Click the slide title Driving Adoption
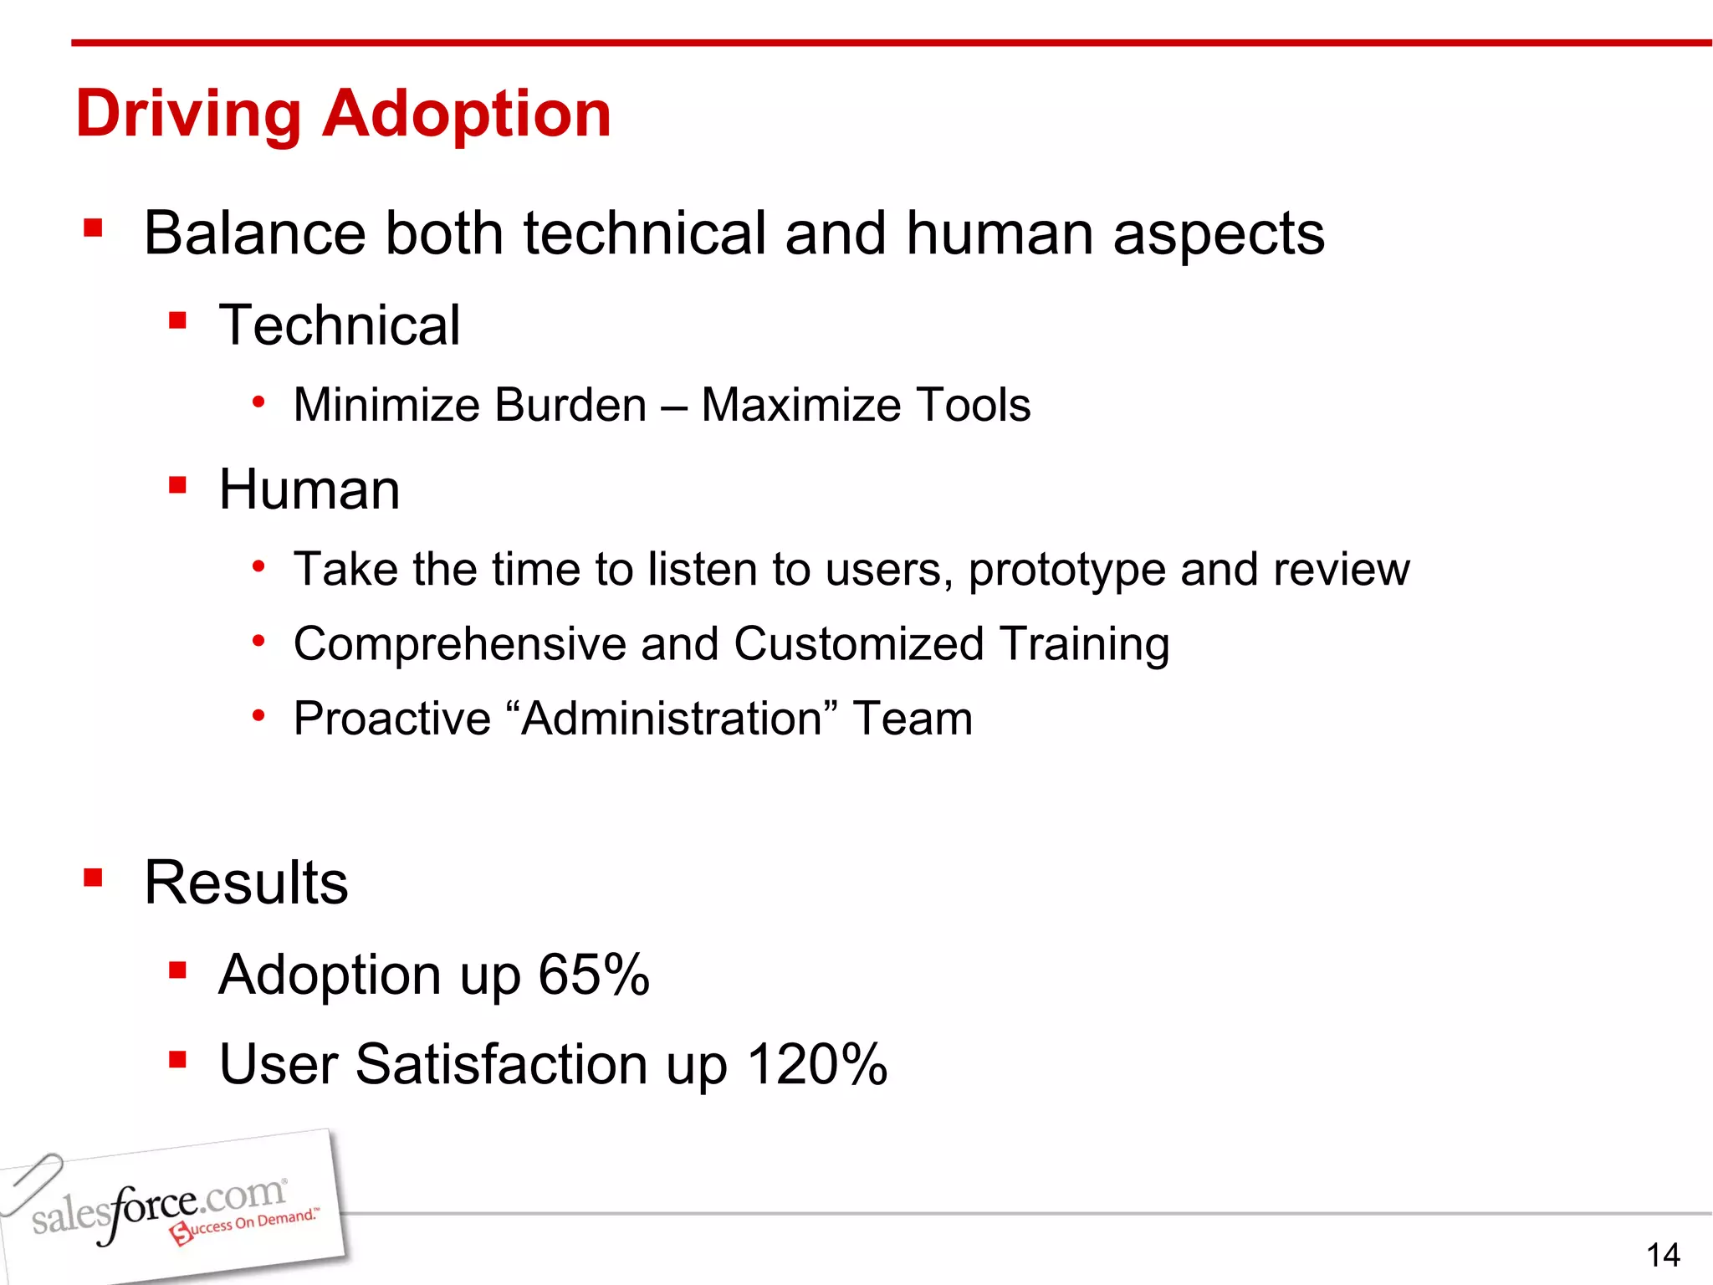click(x=343, y=114)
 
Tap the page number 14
click(x=1663, y=1255)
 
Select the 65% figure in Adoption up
click(x=593, y=975)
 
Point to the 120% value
click(x=816, y=1064)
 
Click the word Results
click(x=246, y=883)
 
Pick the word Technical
click(x=339, y=325)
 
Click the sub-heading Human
click(x=309, y=489)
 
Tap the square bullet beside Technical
click(x=176, y=320)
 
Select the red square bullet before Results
click(x=93, y=878)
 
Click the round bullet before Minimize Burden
click(x=259, y=402)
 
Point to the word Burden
click(x=570, y=406)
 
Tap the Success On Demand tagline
click(x=247, y=1226)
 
